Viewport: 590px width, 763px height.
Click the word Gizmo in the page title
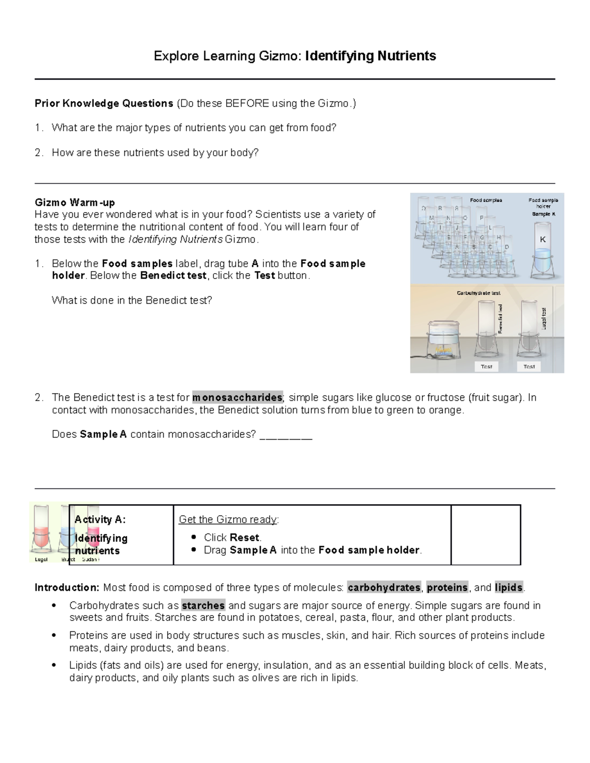coord(279,57)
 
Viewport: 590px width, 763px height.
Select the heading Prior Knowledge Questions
coord(103,104)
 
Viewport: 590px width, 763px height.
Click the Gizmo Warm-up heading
coord(75,202)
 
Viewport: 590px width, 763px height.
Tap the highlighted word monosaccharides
coord(237,397)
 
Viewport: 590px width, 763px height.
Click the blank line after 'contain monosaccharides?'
coord(285,435)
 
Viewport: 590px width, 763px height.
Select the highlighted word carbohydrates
coord(384,588)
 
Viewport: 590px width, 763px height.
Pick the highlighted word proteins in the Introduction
coord(447,588)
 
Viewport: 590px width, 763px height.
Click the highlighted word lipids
coord(509,588)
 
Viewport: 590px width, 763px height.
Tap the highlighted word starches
coord(203,605)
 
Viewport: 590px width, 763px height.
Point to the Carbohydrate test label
coord(478,293)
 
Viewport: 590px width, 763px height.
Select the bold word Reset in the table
coord(245,537)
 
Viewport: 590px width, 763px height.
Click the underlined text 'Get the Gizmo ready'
coord(228,520)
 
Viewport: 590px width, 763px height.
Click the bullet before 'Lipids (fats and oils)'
coord(54,666)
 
